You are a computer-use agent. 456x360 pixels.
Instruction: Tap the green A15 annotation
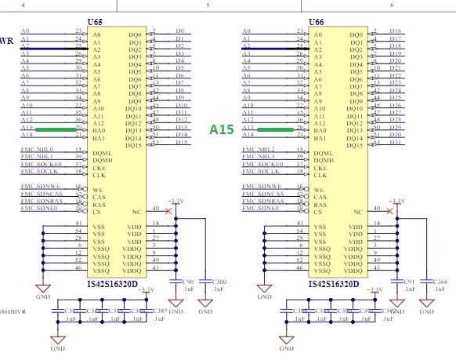[x=222, y=129]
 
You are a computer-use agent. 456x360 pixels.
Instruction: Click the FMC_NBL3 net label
[x=257, y=157]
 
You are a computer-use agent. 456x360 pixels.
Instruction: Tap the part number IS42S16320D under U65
[x=114, y=283]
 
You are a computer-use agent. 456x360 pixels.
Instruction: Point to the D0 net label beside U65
[x=179, y=31]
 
